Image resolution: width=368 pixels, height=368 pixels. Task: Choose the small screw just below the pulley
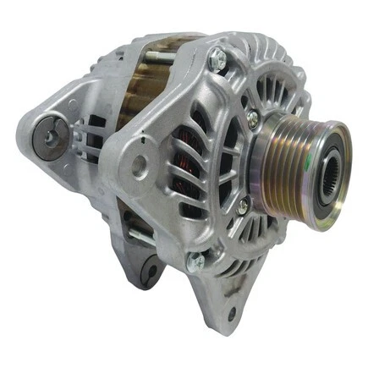click(242, 205)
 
